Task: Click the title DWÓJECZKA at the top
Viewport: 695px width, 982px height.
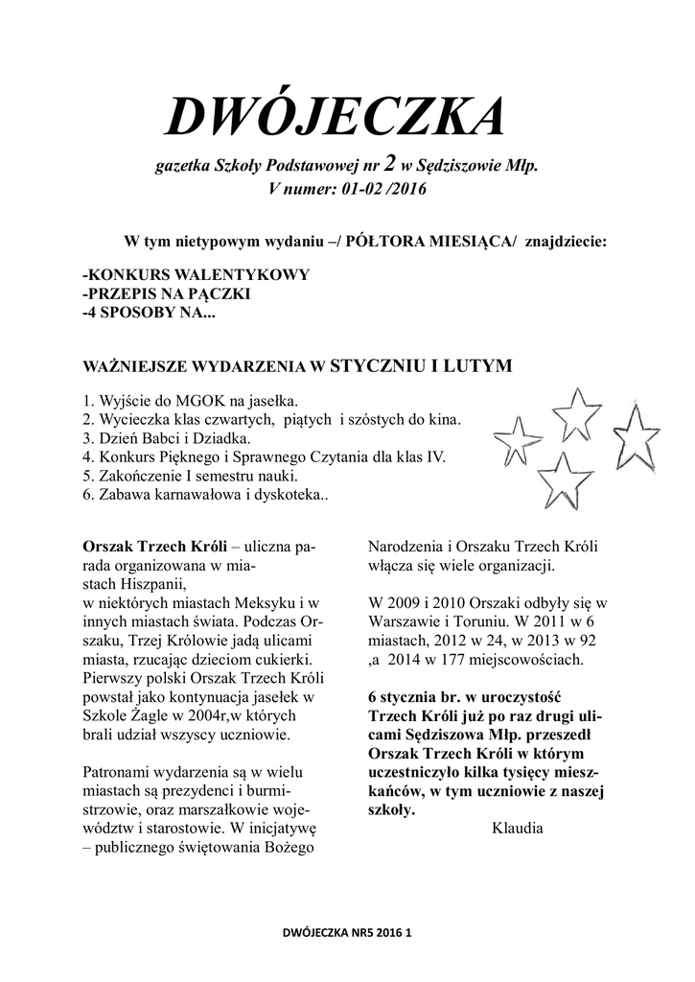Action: (x=334, y=119)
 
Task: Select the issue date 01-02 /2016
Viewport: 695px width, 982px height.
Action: (x=377, y=189)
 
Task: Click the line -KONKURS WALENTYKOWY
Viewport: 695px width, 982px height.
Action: (x=197, y=275)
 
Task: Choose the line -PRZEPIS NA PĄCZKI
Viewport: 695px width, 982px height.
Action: (x=167, y=293)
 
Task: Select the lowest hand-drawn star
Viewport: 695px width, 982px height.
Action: (x=565, y=479)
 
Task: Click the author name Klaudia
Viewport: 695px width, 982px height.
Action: (x=517, y=828)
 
